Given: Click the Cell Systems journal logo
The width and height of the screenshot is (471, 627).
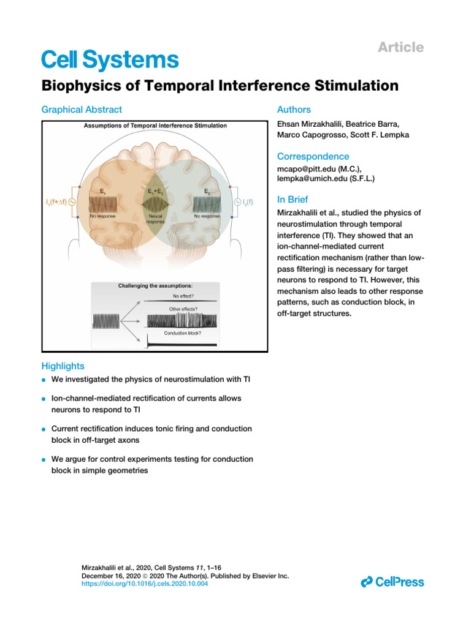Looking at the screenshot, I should [x=110, y=59].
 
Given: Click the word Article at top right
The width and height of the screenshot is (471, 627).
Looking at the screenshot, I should [x=401, y=47].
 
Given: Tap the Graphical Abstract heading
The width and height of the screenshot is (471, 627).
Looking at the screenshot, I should [x=82, y=110].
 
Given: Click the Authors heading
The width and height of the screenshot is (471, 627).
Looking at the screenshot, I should [x=294, y=110].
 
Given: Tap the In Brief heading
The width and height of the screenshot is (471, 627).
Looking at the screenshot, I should [x=293, y=200].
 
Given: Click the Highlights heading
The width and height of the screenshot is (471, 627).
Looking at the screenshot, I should [x=63, y=366].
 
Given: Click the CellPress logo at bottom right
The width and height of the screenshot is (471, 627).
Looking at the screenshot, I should [x=392, y=582].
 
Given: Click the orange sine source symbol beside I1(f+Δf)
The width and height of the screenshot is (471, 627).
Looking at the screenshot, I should [x=72, y=202].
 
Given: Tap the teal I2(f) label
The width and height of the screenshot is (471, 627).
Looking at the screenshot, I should [x=247, y=202].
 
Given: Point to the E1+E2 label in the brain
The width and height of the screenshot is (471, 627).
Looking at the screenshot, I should [x=155, y=192].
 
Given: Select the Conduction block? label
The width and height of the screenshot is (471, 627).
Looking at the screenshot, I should [x=182, y=332].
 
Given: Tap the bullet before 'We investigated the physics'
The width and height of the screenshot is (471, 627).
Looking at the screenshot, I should [x=44, y=380].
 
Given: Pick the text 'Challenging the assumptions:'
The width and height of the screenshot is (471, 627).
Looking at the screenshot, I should [x=155, y=286].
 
